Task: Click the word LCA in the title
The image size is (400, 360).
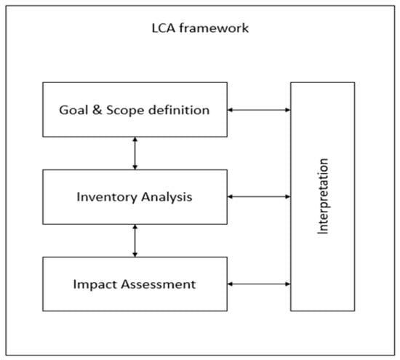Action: tap(164, 28)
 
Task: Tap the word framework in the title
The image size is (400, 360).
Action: tap(214, 28)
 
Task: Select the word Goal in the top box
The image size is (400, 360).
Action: tap(73, 111)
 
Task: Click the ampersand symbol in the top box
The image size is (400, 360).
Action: tap(97, 111)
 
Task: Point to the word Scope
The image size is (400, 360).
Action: tap(125, 111)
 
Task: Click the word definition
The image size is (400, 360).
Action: tap(179, 110)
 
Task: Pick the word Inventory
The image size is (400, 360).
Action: tap(107, 197)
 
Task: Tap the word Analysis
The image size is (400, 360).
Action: tap(167, 197)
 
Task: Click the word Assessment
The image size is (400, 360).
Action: tap(158, 284)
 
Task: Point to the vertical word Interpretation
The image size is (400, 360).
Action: tap(323, 196)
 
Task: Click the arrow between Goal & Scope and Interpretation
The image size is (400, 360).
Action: tap(259, 110)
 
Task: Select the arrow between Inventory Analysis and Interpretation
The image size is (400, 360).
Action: tap(259, 196)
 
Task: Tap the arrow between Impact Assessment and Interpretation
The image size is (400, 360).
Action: tap(259, 284)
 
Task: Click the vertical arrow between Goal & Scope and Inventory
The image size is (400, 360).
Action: tap(135, 153)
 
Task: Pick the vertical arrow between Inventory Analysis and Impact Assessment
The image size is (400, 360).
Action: tap(135, 241)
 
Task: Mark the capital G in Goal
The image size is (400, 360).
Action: tap(64, 111)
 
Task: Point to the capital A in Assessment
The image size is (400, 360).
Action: tap(126, 284)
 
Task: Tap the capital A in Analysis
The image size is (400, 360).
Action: tap(146, 196)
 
